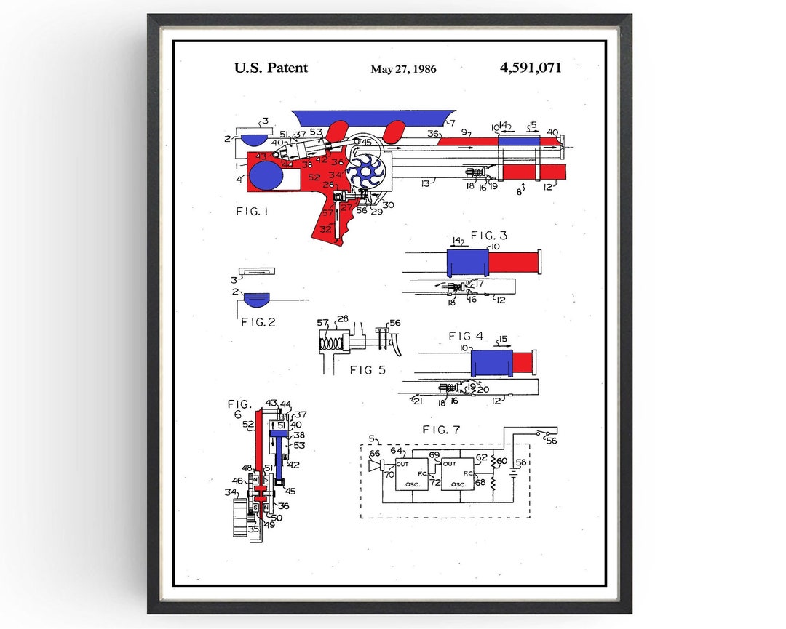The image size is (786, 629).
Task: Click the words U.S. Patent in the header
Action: coord(271,68)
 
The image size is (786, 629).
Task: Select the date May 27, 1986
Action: coord(403,69)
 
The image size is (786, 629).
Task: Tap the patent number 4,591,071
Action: coord(531,68)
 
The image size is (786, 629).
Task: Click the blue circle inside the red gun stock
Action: coord(266,176)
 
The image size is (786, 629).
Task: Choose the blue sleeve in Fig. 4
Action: coord(491,361)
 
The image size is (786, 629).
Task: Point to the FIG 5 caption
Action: coord(368,370)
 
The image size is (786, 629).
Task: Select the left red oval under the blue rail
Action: coord(336,132)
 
